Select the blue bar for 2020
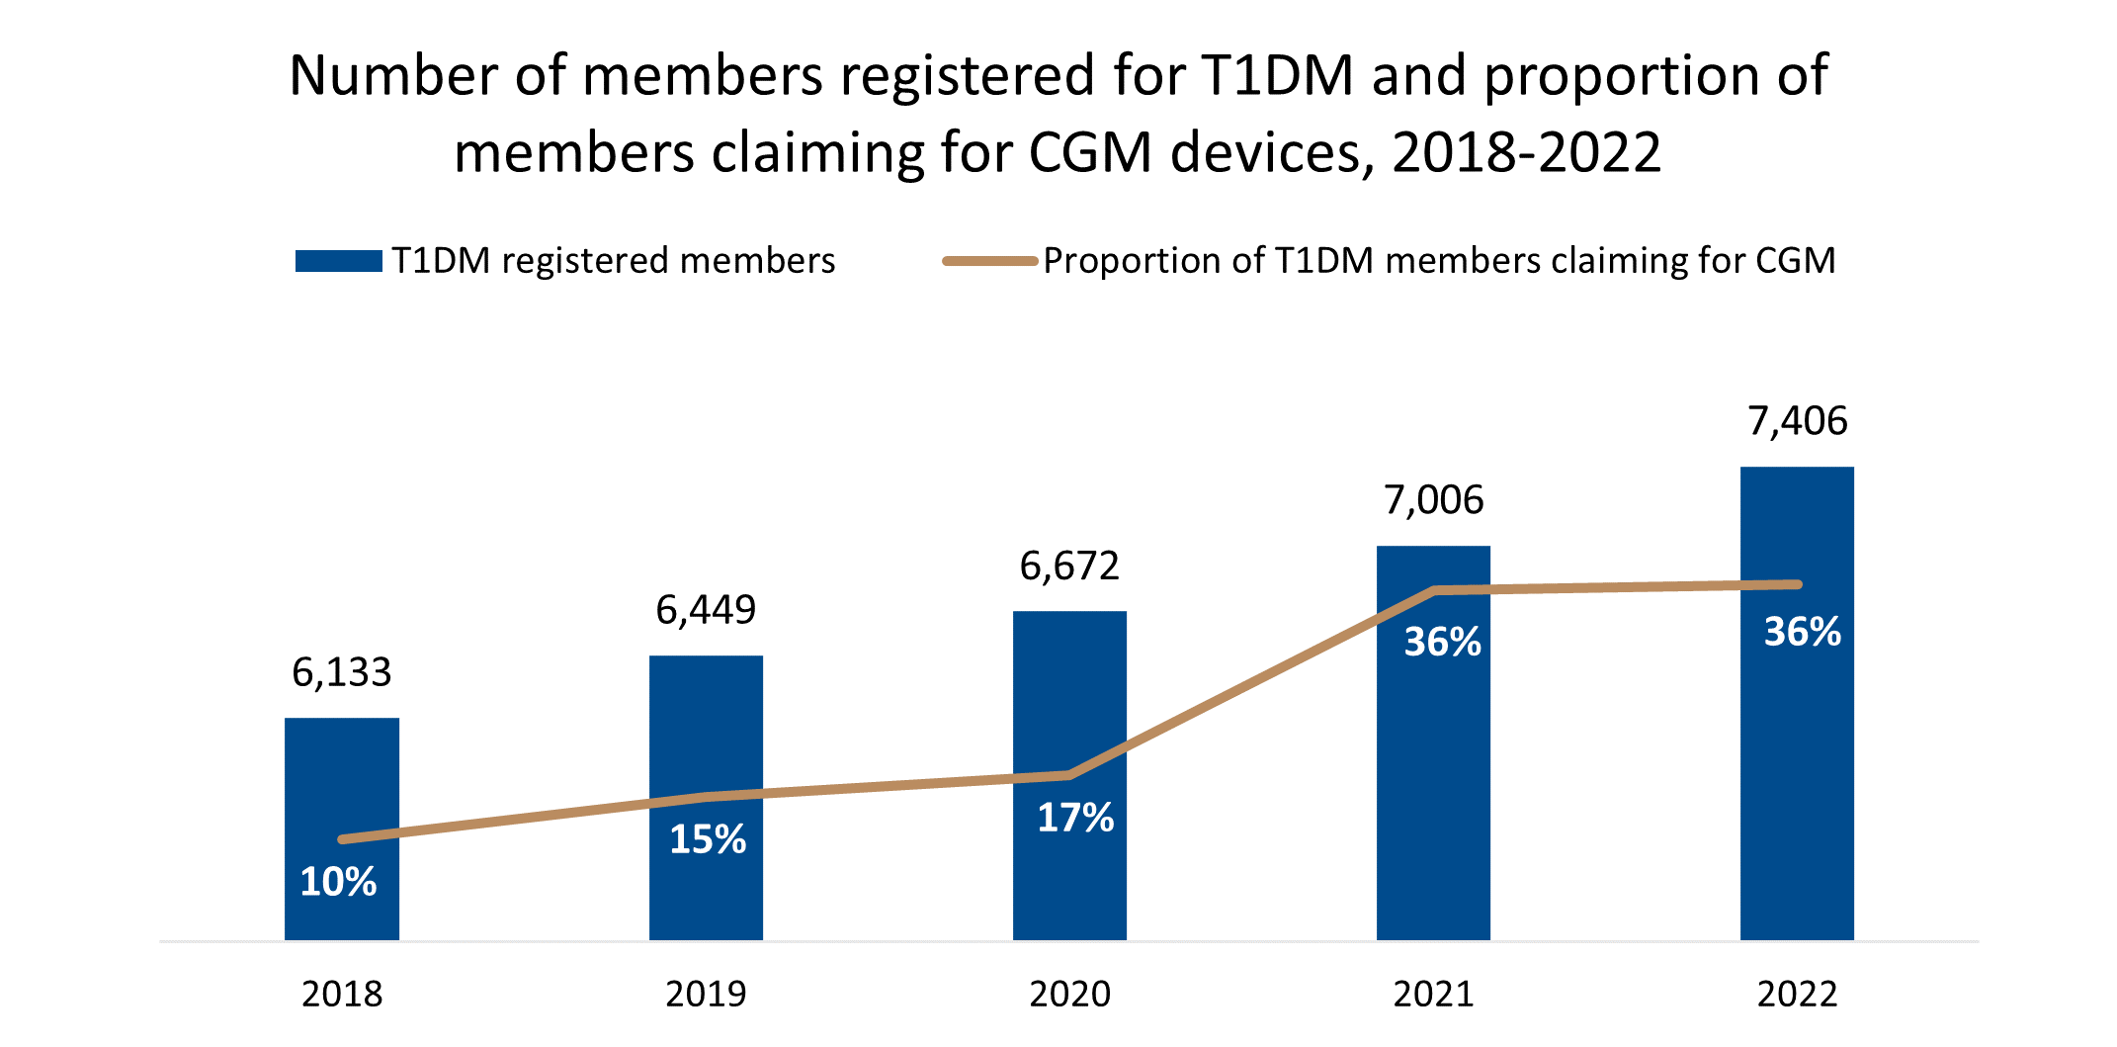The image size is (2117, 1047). pos(1069,692)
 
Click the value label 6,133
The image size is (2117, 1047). pos(342,672)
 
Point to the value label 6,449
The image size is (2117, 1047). pos(706,610)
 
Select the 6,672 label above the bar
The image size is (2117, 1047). pos(1069,566)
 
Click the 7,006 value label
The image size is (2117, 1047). pos(1433,500)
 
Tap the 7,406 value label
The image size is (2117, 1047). pos(1797,421)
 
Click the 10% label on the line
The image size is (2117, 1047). pos(338,882)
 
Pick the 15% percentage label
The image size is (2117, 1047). pos(708,839)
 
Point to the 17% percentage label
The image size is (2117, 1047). pos(1075,818)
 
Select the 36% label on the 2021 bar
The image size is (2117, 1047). pos(1443,642)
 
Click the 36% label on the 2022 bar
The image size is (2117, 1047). pos(1803,632)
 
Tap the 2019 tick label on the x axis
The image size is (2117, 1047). pos(706,994)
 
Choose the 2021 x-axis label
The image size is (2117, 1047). pos(1433,994)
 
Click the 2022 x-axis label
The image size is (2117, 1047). pos(1797,994)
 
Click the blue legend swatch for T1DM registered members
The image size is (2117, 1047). pos(338,261)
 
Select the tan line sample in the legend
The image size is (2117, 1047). pos(989,261)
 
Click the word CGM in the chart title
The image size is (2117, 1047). pos(1090,153)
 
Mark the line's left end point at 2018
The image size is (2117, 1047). pos(342,839)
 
